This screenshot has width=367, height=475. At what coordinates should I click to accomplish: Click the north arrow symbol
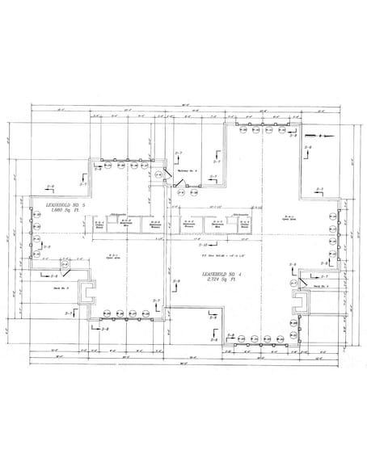[317, 135]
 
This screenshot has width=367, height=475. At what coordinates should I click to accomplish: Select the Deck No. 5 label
[60, 287]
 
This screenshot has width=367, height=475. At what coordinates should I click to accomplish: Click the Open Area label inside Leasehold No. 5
[104, 260]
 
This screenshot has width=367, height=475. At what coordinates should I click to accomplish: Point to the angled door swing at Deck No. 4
[301, 279]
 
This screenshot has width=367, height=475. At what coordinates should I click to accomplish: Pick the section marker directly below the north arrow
[308, 149]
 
